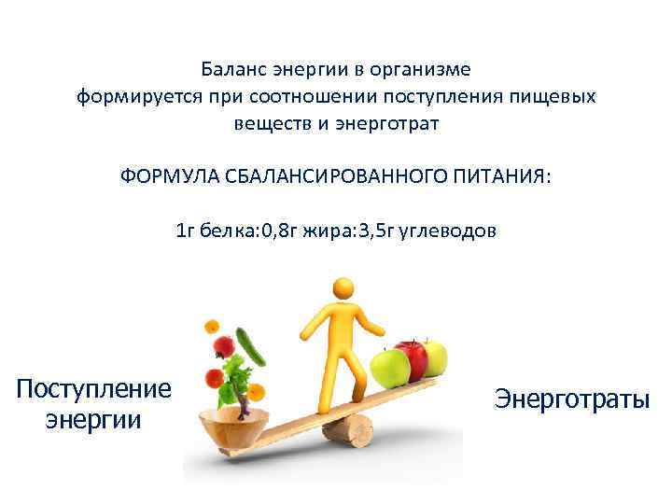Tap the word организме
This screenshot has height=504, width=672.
click(x=427, y=70)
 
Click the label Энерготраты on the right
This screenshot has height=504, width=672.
click(x=571, y=399)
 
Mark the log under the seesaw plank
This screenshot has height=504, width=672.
click(x=350, y=430)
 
